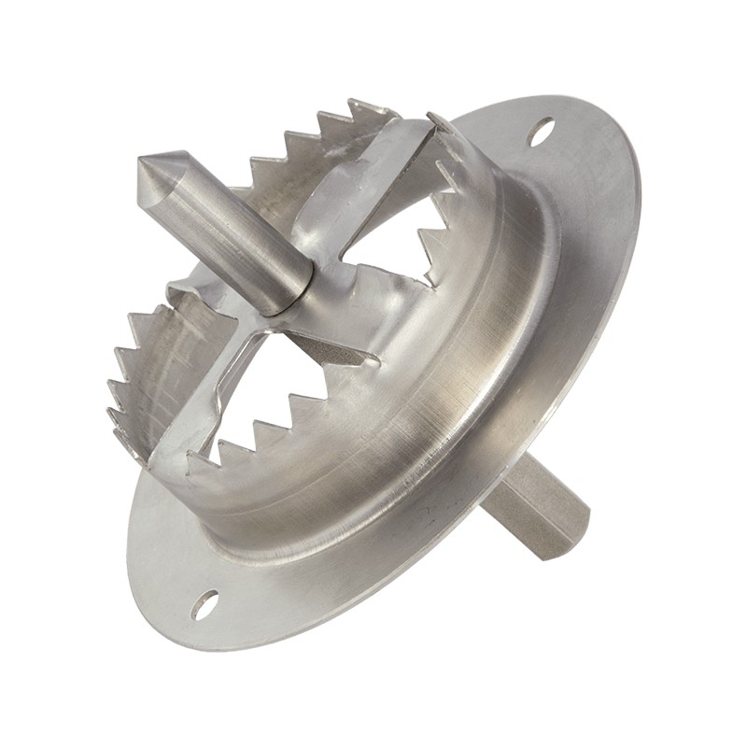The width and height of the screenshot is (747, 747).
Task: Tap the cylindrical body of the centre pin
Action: [x=224, y=233]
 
